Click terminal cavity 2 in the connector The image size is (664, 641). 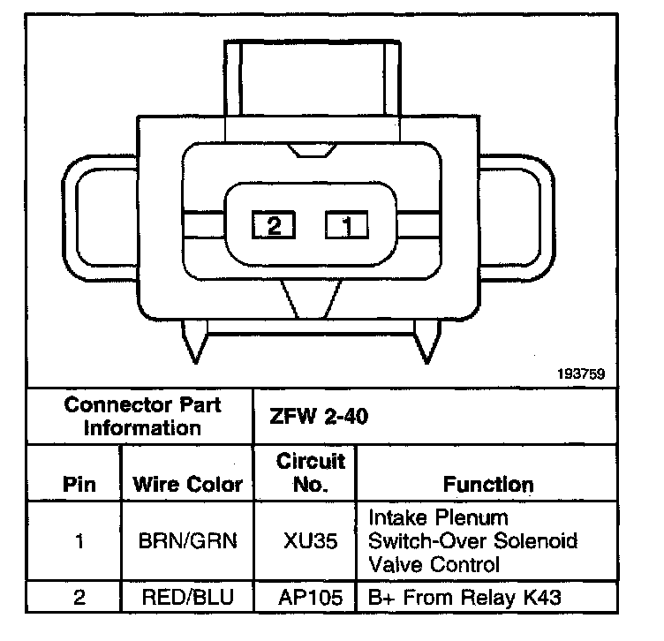[273, 225]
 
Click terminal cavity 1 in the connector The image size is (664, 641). [347, 225]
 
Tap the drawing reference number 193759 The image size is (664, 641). [580, 373]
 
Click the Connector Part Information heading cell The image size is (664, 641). [142, 416]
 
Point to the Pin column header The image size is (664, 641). [80, 484]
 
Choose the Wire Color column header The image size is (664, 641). [186, 484]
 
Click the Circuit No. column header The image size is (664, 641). [312, 472]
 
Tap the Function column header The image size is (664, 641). [487, 484]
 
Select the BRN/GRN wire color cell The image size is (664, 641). [186, 540]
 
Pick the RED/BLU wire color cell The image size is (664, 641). [186, 598]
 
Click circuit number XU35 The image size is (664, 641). [312, 540]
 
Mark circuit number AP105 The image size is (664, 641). [312, 598]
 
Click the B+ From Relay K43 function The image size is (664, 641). [464, 598]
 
